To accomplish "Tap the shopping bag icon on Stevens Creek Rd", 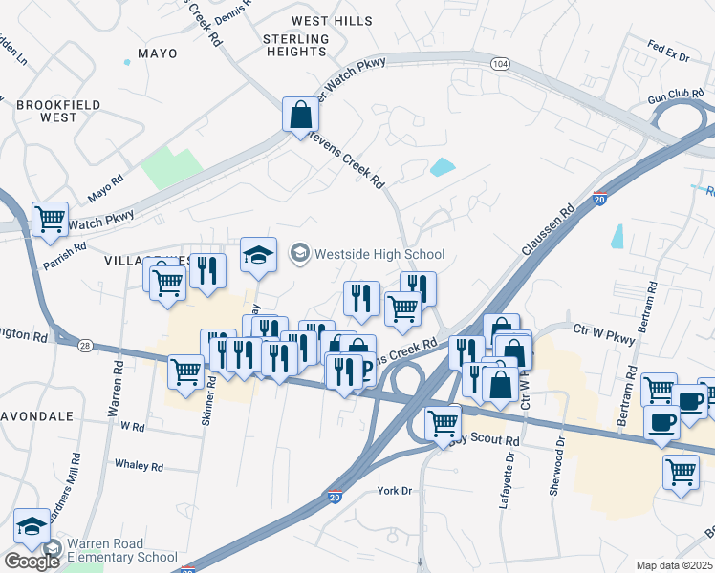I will click(x=300, y=115).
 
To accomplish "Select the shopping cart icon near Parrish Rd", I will click(x=50, y=218).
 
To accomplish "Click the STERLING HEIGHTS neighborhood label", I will click(x=295, y=46).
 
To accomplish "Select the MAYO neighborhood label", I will click(x=158, y=53).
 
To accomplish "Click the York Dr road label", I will click(x=394, y=490).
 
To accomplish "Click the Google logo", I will click(x=32, y=561).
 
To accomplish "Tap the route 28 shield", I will click(x=59, y=343).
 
